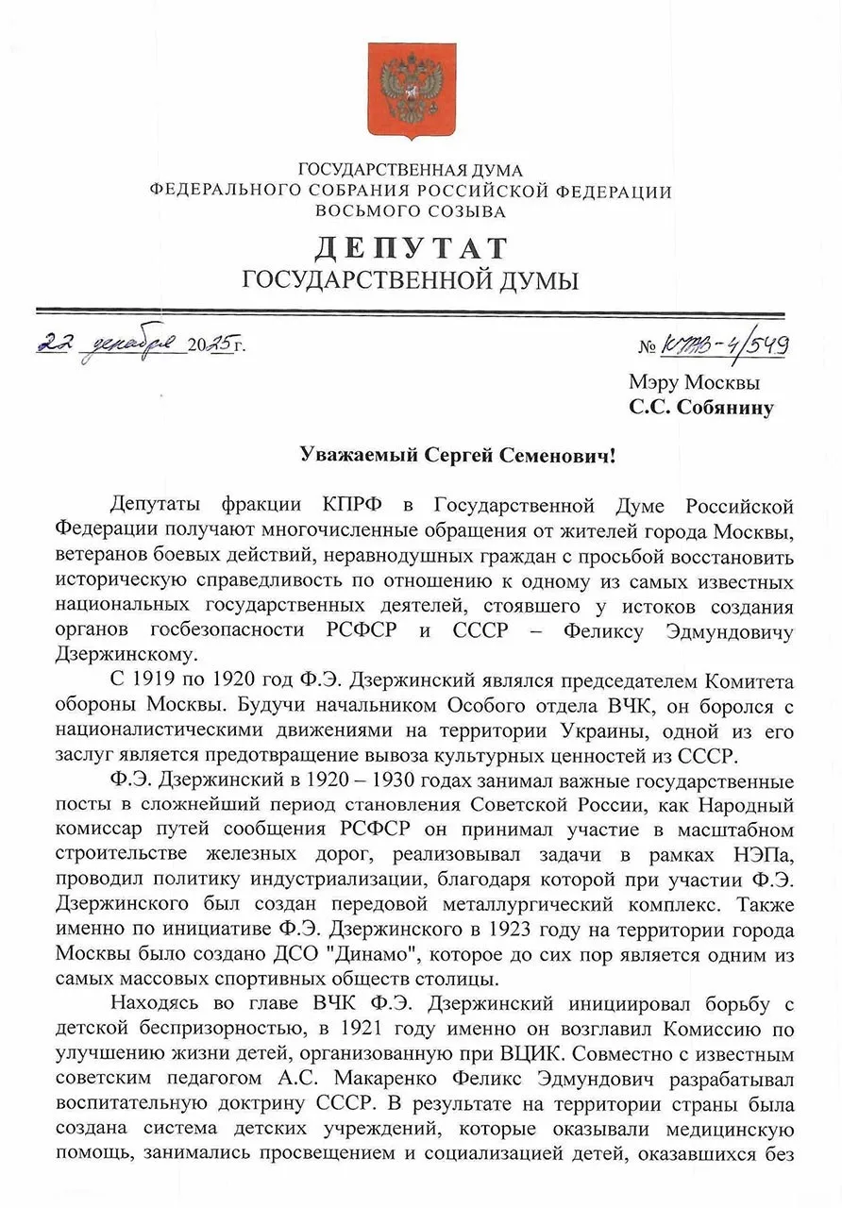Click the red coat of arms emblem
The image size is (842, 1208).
click(x=411, y=89)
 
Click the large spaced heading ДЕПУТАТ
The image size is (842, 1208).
click(x=411, y=247)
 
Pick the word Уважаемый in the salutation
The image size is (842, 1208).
click(x=358, y=456)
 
